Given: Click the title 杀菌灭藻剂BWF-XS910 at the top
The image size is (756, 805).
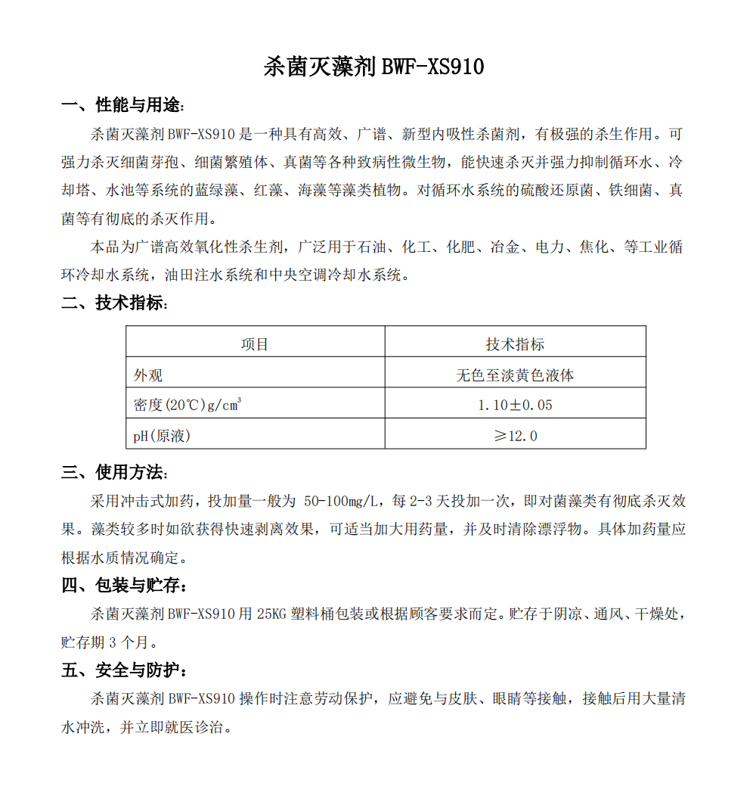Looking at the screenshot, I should pyautogui.click(x=373, y=67).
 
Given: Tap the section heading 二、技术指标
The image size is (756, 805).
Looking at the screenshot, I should pyautogui.click(x=114, y=303).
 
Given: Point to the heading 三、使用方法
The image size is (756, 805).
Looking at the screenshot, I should pyautogui.click(x=114, y=473).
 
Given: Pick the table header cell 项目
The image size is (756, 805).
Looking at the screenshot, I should pyautogui.click(x=255, y=344).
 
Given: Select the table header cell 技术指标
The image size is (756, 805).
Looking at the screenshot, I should pyautogui.click(x=515, y=344).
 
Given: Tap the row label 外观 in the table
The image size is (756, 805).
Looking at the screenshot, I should pyautogui.click(x=148, y=375).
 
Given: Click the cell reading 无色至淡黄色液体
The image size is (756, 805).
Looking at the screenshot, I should pyautogui.click(x=515, y=375).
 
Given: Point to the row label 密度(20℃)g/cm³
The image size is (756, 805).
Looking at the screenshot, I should pyautogui.click(x=187, y=405).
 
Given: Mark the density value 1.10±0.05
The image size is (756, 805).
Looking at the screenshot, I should pyautogui.click(x=515, y=406).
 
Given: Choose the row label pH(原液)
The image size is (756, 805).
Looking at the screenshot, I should pyautogui.click(x=162, y=436).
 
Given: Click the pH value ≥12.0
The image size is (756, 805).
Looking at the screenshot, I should pyautogui.click(x=515, y=436).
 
